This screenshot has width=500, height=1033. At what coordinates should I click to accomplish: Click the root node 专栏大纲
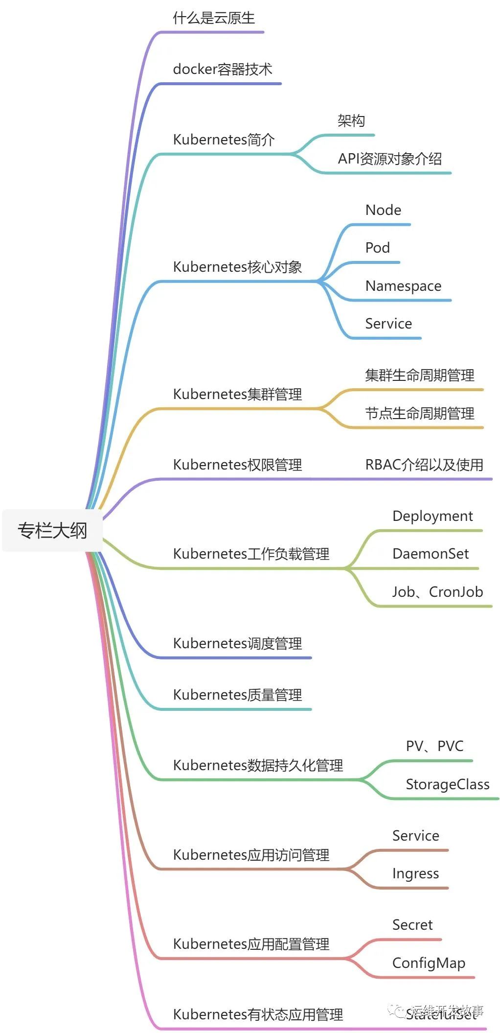pyautogui.click(x=52, y=530)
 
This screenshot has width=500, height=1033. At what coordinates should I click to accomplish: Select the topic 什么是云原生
pyautogui.click(x=214, y=18)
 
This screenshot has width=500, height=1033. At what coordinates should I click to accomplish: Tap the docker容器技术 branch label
pyautogui.click(x=223, y=69)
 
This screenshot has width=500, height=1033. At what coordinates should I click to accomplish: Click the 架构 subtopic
pyautogui.click(x=351, y=120)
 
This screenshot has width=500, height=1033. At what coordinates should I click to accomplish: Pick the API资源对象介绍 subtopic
pyautogui.click(x=389, y=159)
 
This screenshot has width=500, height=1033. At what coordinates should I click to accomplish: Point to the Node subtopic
pyautogui.click(x=383, y=210)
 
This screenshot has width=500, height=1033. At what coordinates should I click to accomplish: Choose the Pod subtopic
pyautogui.click(x=377, y=248)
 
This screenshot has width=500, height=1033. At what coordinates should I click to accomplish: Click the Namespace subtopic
pyautogui.click(x=403, y=286)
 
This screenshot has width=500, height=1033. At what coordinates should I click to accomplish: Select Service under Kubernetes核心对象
pyautogui.click(x=388, y=324)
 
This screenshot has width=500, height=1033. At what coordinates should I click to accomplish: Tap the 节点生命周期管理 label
pyautogui.click(x=419, y=413)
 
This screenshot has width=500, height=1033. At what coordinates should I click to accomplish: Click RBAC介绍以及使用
pyautogui.click(x=424, y=465)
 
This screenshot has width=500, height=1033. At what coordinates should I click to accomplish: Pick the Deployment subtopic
pyautogui.click(x=432, y=516)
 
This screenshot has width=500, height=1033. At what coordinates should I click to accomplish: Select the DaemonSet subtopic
pyautogui.click(x=431, y=554)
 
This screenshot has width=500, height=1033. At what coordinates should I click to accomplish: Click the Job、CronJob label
pyautogui.click(x=437, y=592)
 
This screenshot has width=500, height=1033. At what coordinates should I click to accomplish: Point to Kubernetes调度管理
pyautogui.click(x=237, y=643)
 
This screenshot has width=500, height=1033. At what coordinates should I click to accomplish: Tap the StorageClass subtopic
pyautogui.click(x=448, y=784)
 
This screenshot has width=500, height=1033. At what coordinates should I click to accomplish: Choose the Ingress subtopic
pyautogui.click(x=415, y=873)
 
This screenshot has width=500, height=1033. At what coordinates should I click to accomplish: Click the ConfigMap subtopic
pyautogui.click(x=429, y=963)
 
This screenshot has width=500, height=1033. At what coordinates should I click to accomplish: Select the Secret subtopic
pyautogui.click(x=412, y=925)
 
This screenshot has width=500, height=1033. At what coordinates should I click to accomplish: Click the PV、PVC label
pyautogui.click(x=434, y=746)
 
